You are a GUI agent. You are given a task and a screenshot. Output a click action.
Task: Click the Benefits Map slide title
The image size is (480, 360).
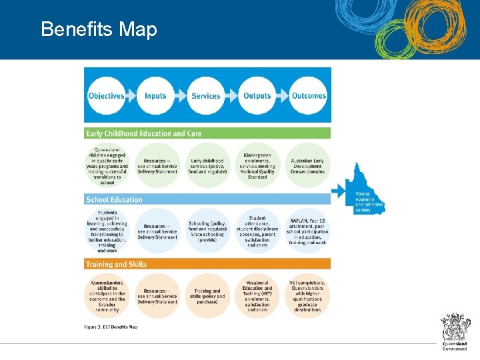(99, 29)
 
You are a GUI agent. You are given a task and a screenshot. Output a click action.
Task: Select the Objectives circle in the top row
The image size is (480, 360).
(106, 95)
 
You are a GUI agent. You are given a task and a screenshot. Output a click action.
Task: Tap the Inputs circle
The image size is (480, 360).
(155, 95)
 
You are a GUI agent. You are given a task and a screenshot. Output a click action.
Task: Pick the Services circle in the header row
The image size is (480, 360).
(205, 95)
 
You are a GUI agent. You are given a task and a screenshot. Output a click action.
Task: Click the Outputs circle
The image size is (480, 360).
(257, 95)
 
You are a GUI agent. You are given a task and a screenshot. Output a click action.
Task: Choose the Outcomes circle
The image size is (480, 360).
(309, 95)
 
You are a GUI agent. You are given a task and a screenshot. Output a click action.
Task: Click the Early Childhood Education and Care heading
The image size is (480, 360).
(143, 133)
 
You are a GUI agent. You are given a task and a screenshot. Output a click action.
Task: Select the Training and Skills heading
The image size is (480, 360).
(116, 265)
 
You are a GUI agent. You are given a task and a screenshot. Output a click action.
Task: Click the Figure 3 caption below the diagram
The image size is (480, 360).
(111, 327)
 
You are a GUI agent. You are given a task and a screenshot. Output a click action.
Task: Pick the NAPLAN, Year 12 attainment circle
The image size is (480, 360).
(307, 231)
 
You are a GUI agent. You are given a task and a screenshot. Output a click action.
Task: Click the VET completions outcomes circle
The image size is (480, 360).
(307, 296)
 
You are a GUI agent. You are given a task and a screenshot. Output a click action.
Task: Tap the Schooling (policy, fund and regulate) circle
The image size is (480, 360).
(207, 231)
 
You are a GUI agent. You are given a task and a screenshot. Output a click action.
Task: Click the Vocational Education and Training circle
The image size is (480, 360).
(257, 296)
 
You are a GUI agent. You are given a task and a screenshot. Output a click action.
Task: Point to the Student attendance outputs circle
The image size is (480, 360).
(257, 231)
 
